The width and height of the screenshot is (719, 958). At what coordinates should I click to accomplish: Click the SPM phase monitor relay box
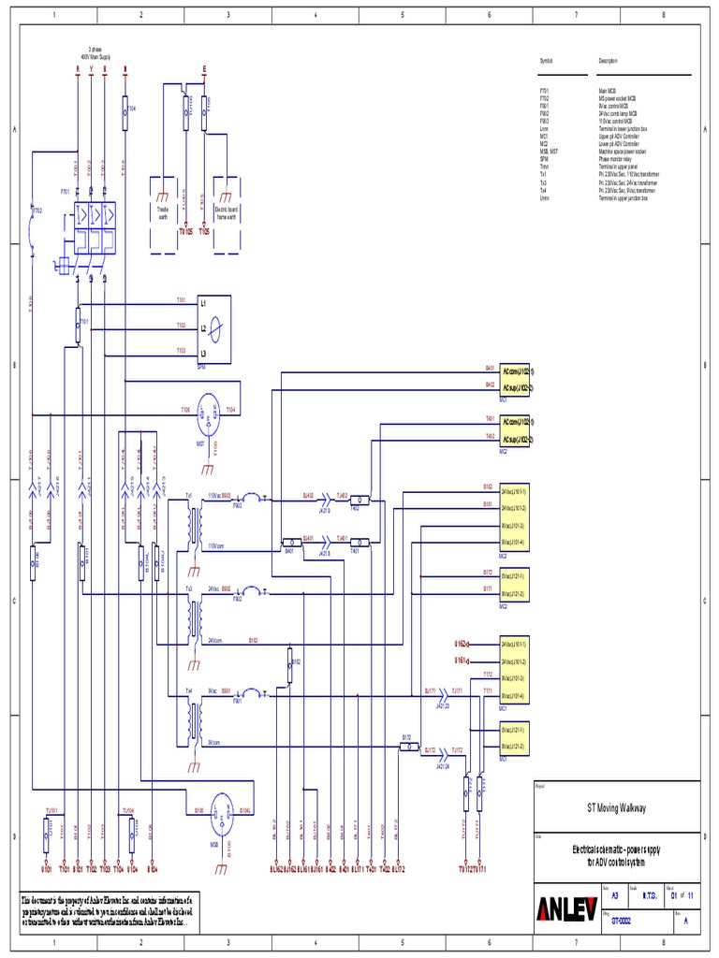(214, 328)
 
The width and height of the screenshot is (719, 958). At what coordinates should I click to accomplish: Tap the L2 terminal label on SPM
(203, 328)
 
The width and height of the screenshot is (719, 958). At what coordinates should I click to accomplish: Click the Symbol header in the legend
(546, 61)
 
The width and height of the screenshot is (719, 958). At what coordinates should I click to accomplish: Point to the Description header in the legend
(609, 61)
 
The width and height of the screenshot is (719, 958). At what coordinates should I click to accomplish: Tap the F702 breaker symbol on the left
(35, 211)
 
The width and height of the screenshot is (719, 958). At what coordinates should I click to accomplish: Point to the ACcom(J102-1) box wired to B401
(518, 370)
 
